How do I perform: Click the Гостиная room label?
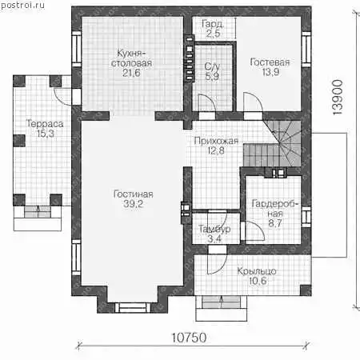[x=134, y=194]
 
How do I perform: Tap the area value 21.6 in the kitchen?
[x=131, y=73]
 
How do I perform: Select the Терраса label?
[x=45, y=124]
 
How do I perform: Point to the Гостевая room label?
[x=270, y=62]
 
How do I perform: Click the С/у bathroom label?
[x=212, y=66]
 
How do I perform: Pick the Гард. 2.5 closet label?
[x=213, y=29]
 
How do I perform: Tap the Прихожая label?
[x=216, y=141]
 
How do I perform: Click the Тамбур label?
[x=214, y=229]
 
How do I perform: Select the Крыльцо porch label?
[x=257, y=271]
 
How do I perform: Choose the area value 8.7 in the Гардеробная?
[x=275, y=223]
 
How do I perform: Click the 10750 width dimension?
[x=189, y=338]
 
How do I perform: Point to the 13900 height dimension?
[x=338, y=98]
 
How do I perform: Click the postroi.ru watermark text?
[x=22, y=5]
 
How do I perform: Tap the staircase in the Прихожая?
[x=273, y=143]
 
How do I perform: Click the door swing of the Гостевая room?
[x=254, y=102]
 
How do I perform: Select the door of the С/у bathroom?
[x=207, y=103]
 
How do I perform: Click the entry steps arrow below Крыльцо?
[x=221, y=302]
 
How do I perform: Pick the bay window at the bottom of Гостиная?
[x=133, y=308]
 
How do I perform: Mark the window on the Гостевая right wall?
[x=306, y=50]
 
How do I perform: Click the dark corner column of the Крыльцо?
[x=306, y=290]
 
